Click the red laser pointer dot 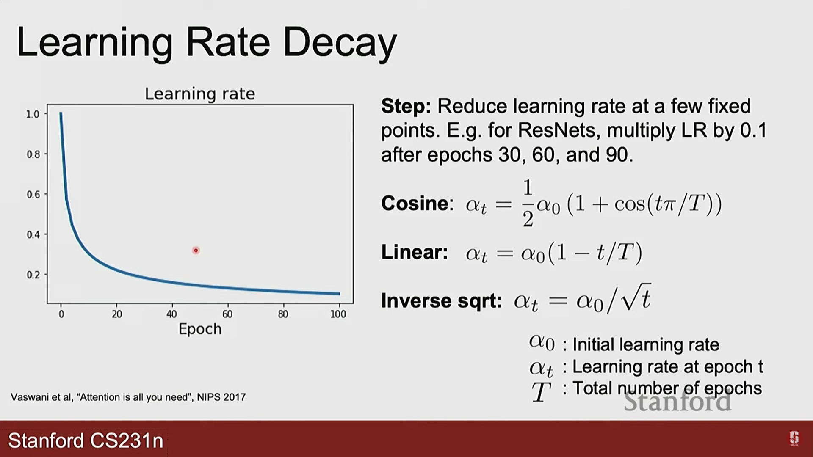click(196, 251)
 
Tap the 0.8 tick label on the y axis click(33, 154)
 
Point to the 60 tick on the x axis click(227, 314)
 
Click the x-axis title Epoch click(200, 329)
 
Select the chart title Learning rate click(200, 94)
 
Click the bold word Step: click(406, 106)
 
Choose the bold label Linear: click(415, 252)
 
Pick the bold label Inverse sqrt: click(442, 301)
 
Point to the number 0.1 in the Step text click(753, 130)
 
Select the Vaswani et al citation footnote click(128, 397)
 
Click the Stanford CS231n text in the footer click(86, 440)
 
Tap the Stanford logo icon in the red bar click(794, 438)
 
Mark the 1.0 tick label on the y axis click(33, 114)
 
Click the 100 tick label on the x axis click(338, 314)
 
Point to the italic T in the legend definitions click(541, 392)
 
